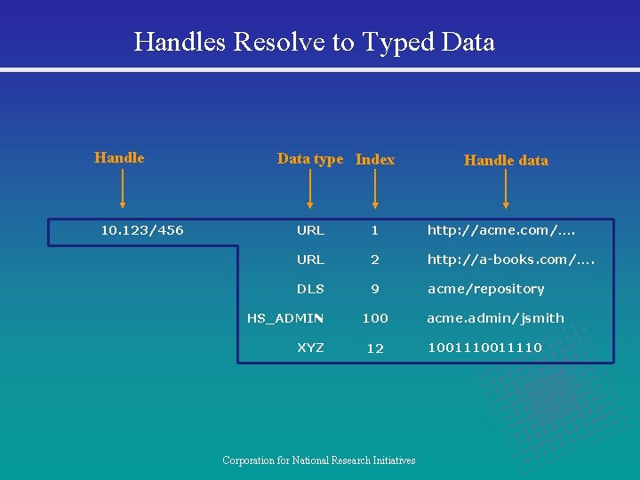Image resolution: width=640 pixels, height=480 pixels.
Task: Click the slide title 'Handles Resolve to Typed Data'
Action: click(x=314, y=42)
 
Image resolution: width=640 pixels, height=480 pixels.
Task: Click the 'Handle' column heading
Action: click(x=119, y=157)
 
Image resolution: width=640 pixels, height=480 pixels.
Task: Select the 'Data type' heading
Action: click(x=309, y=158)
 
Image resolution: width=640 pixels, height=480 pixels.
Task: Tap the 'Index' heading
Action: click(x=374, y=159)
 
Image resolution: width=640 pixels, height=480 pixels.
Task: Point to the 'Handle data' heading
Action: click(x=506, y=160)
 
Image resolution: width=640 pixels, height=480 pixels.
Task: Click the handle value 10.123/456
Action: click(x=142, y=230)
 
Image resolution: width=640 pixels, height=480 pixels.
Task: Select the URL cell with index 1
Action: click(x=310, y=230)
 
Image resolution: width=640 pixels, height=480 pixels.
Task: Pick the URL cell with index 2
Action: click(x=310, y=260)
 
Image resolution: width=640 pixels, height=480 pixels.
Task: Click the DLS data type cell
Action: click(x=310, y=289)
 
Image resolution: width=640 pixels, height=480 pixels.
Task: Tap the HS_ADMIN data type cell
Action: click(x=285, y=318)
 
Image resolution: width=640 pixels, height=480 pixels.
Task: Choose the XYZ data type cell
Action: click(x=310, y=348)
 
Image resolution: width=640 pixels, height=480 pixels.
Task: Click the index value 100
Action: click(x=375, y=318)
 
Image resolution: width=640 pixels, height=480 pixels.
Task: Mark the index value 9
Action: click(x=375, y=289)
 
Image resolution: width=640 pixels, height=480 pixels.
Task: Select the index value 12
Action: click(x=375, y=348)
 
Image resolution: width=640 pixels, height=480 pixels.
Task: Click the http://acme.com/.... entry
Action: click(x=501, y=230)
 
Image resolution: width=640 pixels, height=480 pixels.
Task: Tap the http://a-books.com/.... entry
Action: click(x=511, y=260)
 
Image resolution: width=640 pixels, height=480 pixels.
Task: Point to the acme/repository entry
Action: click(x=486, y=289)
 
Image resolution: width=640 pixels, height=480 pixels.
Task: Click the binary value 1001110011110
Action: click(x=484, y=348)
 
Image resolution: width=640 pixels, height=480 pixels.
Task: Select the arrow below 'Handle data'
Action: click(x=506, y=190)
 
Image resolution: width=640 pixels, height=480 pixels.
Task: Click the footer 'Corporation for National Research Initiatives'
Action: click(x=319, y=460)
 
